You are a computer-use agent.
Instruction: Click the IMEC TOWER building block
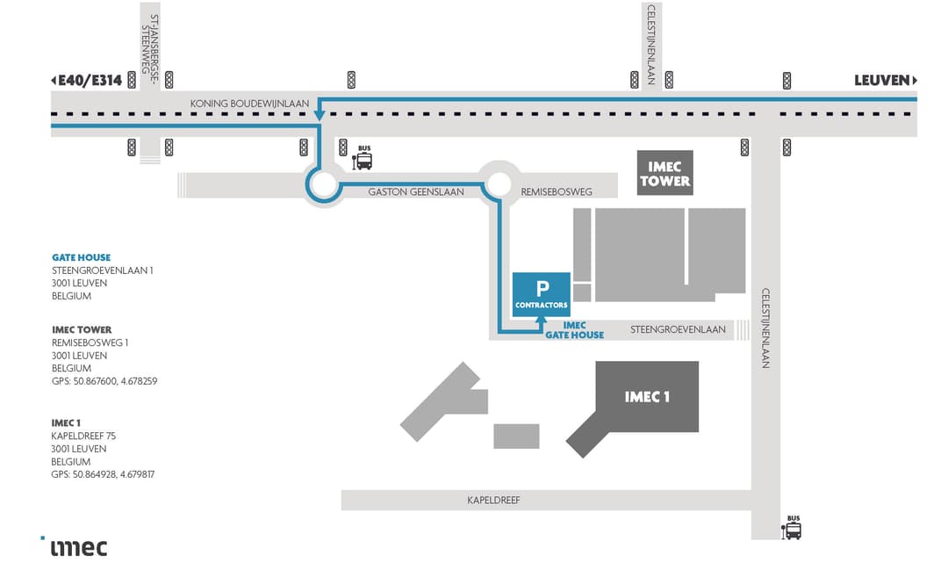click(x=664, y=173)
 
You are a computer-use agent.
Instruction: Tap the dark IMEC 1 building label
click(x=647, y=397)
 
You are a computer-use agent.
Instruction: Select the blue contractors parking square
click(x=542, y=293)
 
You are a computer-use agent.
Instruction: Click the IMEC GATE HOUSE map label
click(x=574, y=330)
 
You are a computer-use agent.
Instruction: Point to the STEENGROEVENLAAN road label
click(x=678, y=330)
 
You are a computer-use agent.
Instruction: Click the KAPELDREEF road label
click(x=494, y=501)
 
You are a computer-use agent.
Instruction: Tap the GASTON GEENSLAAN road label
click(x=416, y=192)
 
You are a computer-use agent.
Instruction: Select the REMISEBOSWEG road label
click(x=557, y=192)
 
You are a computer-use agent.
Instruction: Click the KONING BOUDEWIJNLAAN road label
click(x=250, y=104)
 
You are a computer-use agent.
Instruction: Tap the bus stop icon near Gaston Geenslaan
click(x=363, y=160)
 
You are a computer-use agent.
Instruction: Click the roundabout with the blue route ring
click(x=322, y=185)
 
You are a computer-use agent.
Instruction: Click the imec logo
click(x=77, y=547)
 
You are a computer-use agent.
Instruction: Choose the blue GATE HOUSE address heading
click(x=81, y=257)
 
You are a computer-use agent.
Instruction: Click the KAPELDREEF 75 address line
click(x=83, y=436)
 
